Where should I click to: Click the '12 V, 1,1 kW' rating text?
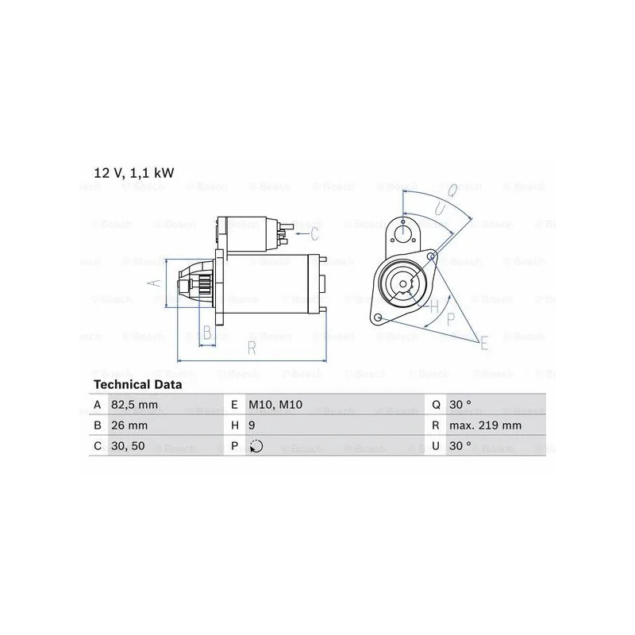[x=133, y=173]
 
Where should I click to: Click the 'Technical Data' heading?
[x=137, y=384]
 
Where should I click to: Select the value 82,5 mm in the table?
[x=134, y=405]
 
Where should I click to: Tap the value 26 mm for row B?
[x=129, y=425]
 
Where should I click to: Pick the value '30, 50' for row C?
[x=128, y=446]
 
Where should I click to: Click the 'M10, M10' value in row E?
[x=275, y=405]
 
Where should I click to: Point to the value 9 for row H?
[x=252, y=425]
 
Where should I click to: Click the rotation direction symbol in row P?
[x=256, y=446]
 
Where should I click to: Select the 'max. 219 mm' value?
[x=485, y=425]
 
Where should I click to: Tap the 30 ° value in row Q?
[x=460, y=405]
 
